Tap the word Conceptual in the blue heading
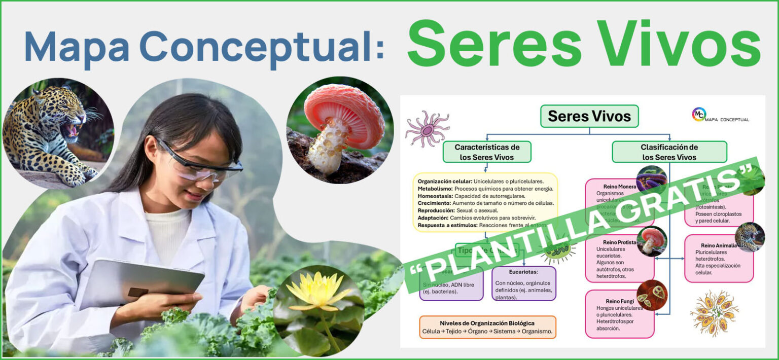[x=261, y=47]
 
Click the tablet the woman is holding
[x=143, y=284]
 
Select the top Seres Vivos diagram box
[x=589, y=116]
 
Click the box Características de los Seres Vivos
[x=487, y=152]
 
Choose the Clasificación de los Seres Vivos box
[x=669, y=152]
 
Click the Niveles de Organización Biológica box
[x=487, y=328]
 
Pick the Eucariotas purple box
[x=523, y=283]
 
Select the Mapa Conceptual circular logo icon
[x=699, y=114]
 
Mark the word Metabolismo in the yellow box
[x=435, y=189]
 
